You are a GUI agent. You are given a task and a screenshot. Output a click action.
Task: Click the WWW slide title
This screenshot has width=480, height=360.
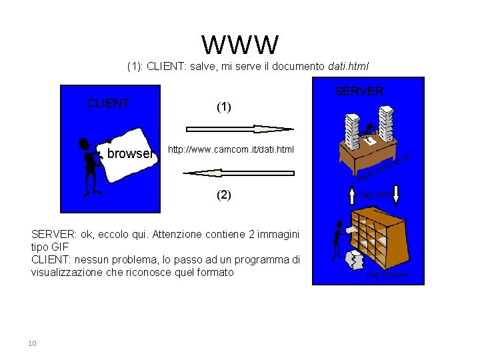240,44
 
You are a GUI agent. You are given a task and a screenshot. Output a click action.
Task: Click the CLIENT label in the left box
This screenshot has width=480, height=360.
108,103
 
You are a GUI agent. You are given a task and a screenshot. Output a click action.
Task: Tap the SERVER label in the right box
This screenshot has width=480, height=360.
359,91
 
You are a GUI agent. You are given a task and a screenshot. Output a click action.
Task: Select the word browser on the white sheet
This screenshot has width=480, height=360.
129,154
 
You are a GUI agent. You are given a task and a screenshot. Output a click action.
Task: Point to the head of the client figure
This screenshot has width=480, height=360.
83,143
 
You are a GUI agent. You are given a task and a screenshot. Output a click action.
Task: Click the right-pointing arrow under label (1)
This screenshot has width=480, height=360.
239,129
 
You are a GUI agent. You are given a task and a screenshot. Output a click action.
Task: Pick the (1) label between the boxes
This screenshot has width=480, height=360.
224,107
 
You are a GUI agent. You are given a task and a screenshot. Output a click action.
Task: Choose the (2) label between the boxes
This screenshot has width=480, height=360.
224,195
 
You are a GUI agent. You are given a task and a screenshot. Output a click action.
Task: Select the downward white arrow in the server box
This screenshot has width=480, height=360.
395,195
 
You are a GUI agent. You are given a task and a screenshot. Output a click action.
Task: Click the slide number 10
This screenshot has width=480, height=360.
31,343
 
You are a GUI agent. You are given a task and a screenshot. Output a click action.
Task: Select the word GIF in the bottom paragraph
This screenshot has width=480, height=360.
61,247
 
